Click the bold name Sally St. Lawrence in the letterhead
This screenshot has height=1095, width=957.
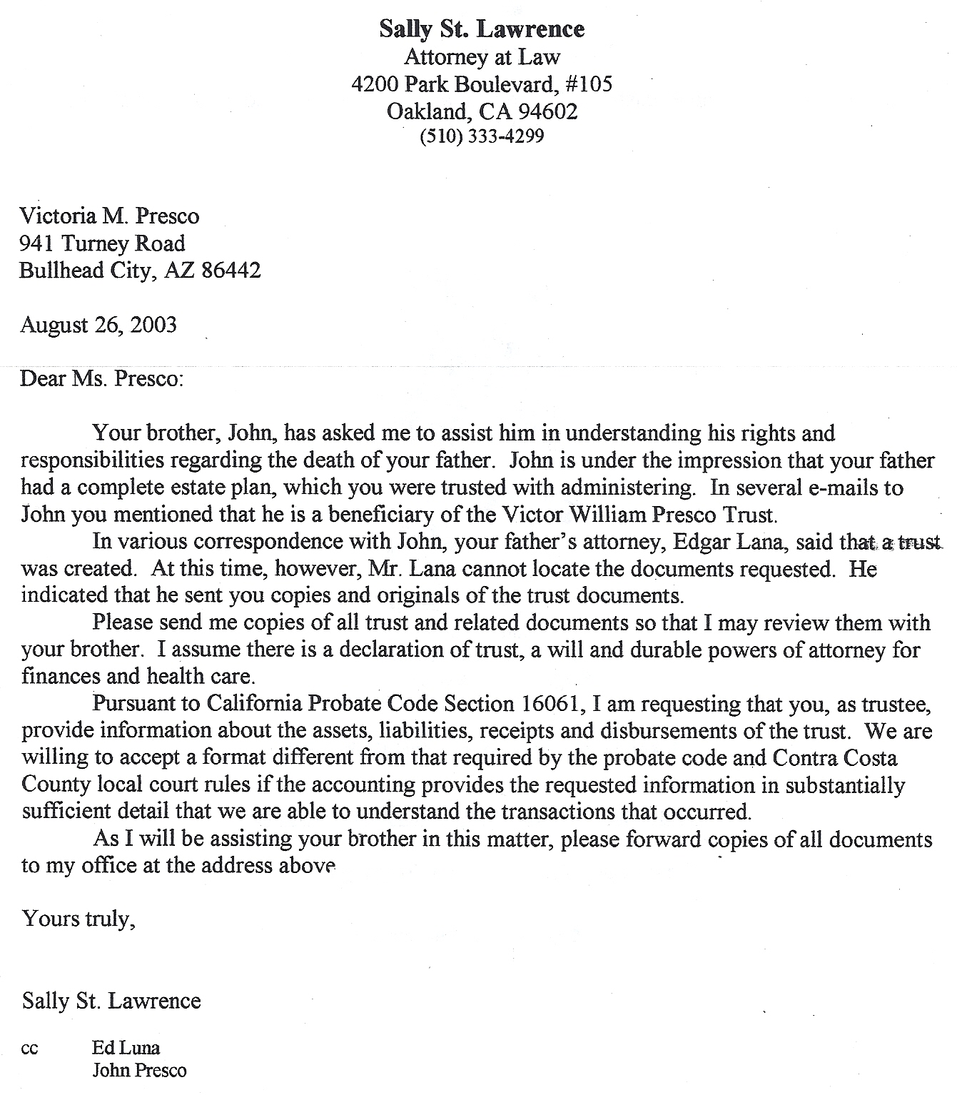(482, 29)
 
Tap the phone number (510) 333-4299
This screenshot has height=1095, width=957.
(482, 136)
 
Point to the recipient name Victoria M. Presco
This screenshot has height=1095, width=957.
(109, 216)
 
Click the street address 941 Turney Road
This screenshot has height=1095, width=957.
(102, 243)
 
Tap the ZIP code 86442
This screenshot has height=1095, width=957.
(231, 271)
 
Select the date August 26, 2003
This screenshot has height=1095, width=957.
(98, 325)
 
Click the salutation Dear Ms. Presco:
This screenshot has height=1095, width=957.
(102, 378)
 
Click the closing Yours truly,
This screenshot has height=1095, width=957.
(79, 919)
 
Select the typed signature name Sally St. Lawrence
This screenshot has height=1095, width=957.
(111, 1001)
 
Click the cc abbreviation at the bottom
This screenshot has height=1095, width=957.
(30, 1049)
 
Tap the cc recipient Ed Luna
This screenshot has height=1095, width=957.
(126, 1048)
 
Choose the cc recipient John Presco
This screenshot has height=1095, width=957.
(139, 1071)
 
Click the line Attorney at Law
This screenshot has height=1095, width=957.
(482, 57)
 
